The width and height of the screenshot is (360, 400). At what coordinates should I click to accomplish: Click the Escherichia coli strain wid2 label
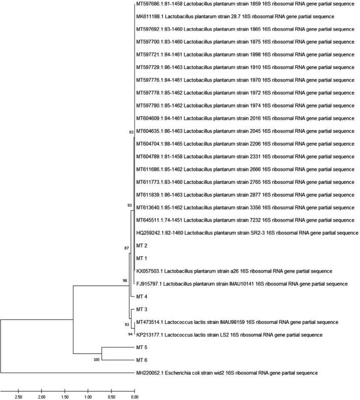[x=227, y=373]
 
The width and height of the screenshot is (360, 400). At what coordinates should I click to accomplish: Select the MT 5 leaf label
[x=142, y=348]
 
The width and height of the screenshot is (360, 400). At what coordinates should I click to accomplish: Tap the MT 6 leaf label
[x=142, y=360]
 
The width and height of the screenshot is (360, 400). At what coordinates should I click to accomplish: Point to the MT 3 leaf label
[x=142, y=309]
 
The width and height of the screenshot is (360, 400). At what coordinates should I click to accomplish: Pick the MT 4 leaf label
[x=142, y=296]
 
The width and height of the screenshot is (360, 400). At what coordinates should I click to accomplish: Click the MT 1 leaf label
[x=142, y=258]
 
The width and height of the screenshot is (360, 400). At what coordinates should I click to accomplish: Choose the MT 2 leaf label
[x=142, y=246]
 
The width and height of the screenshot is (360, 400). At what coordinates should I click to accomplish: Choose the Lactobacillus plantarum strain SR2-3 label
[x=247, y=233]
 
